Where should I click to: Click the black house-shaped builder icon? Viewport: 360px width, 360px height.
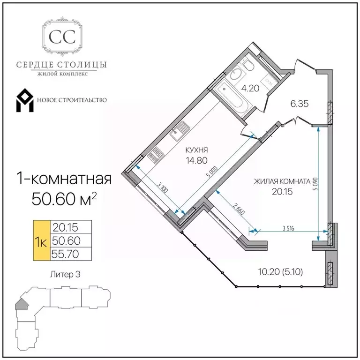pos(25,100)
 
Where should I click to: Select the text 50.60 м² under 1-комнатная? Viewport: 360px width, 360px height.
pos(64,199)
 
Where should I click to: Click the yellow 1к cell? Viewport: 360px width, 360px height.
pos(42,240)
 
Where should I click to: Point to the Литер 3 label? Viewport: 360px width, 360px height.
pos(65,274)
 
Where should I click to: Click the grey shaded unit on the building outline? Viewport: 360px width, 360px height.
pos(22,304)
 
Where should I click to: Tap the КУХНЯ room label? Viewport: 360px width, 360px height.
pos(196,150)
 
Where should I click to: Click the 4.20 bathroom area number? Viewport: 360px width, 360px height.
pos(250,88)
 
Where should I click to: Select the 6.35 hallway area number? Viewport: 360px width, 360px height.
pos(300,104)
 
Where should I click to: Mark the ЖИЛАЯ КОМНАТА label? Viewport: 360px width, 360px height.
pos(282,181)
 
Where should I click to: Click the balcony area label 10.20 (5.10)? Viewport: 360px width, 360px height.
pos(281,272)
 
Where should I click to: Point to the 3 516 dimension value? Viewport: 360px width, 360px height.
pos(289,228)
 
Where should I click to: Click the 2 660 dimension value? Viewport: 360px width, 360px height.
pos(239,209)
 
